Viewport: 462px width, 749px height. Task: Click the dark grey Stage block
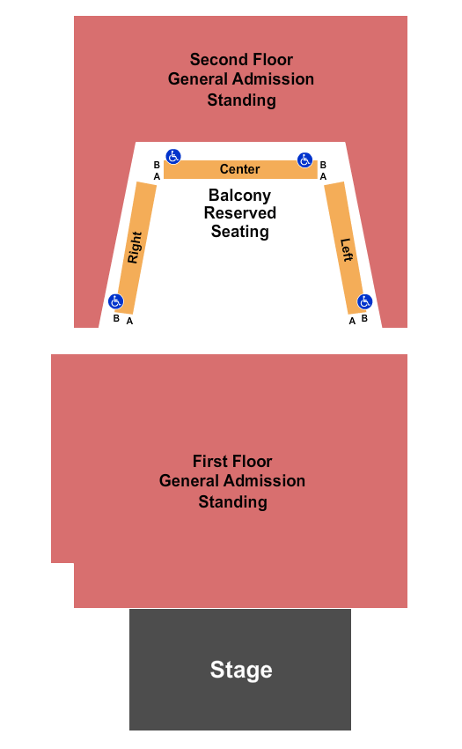(x=240, y=669)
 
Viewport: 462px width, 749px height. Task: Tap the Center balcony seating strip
(x=240, y=169)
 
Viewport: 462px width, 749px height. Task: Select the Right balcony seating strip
(x=136, y=248)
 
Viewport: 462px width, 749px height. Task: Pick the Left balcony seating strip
(x=345, y=248)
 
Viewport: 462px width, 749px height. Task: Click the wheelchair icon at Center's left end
(x=173, y=156)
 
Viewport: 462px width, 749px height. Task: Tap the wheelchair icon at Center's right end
(x=305, y=159)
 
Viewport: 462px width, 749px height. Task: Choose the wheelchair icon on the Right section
(x=116, y=301)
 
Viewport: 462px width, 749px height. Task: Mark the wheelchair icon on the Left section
(x=364, y=301)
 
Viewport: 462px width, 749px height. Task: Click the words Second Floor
(x=241, y=59)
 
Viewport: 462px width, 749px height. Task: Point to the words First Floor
(x=232, y=461)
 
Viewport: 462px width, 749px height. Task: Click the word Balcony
(x=239, y=196)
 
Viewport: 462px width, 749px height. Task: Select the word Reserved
(x=240, y=212)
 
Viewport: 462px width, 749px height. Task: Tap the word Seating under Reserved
(x=240, y=232)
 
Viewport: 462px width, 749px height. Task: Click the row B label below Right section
(x=116, y=318)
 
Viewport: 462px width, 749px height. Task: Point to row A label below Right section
(x=129, y=321)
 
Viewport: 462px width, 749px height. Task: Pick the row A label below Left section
(x=352, y=321)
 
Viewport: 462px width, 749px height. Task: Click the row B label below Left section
(x=364, y=318)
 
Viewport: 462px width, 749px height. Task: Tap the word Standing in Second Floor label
(x=241, y=100)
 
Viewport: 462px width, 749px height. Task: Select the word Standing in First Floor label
(x=233, y=502)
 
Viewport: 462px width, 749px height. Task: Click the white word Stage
(x=241, y=671)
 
